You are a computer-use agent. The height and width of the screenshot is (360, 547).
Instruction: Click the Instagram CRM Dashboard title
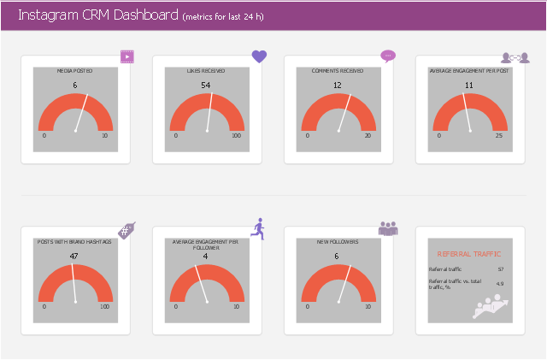97,15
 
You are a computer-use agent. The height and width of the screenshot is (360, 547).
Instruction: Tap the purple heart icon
259,56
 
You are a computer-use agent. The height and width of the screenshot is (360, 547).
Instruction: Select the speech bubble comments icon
388,56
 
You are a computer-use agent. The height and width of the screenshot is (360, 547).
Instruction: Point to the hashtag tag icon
126,229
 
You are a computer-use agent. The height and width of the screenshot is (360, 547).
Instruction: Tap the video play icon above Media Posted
127,57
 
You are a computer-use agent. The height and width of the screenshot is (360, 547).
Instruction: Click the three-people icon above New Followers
388,228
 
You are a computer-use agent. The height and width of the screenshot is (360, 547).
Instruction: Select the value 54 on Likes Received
206,85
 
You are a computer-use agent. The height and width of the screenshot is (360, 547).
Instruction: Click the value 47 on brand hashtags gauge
74,256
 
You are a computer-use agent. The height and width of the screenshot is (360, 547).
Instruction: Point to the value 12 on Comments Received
338,85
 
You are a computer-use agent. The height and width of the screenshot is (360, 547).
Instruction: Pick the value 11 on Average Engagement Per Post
468,85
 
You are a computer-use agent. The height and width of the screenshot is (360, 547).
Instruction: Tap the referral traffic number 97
500,269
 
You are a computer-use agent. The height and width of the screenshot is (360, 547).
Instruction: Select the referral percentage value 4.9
500,283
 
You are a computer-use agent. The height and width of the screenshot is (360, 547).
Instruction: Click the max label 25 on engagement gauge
499,136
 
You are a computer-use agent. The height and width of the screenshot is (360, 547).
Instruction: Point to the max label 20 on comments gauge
368,136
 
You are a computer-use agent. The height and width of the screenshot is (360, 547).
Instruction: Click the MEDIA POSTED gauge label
74,71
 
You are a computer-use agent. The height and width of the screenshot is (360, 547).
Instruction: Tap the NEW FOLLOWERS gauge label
338,242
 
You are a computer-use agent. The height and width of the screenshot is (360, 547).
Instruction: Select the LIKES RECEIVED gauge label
206,71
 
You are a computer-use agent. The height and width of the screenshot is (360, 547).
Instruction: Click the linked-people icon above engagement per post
517,57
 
